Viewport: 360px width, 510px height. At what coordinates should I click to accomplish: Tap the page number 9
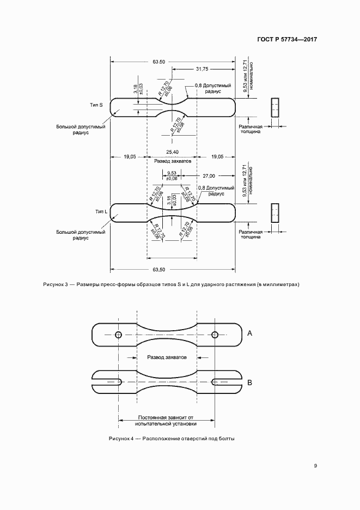point(315,465)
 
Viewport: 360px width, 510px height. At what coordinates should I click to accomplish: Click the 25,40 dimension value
point(173,152)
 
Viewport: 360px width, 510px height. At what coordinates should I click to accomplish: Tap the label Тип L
point(100,211)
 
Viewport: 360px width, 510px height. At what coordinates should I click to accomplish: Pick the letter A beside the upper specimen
point(249,332)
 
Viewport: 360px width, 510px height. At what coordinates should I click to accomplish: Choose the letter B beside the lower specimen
point(249,383)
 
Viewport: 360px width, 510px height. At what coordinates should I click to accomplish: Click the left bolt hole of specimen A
point(118,335)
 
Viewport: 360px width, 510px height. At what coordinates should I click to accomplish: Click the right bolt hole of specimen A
point(215,335)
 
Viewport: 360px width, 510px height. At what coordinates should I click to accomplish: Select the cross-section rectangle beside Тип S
point(275,107)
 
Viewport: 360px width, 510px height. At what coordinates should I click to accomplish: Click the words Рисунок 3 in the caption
point(56,285)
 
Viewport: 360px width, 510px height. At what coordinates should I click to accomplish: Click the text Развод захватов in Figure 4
point(167,357)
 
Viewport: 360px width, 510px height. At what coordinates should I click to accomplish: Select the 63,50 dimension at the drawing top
point(159,61)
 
